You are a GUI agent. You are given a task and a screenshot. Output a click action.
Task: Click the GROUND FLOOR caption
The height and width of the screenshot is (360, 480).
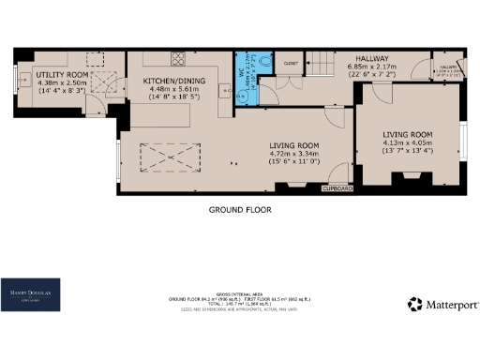[239, 210]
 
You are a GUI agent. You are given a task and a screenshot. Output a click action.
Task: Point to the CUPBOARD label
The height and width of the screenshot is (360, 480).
[337, 189]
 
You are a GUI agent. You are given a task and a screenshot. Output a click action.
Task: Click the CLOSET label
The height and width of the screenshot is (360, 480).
[291, 65]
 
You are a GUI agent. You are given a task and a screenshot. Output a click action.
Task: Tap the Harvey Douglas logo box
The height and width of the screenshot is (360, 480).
[31, 292]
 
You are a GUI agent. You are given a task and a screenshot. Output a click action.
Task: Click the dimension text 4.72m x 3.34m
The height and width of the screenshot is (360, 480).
[294, 156]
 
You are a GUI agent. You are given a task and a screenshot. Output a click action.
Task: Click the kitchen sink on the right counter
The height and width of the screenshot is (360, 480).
[224, 91]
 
